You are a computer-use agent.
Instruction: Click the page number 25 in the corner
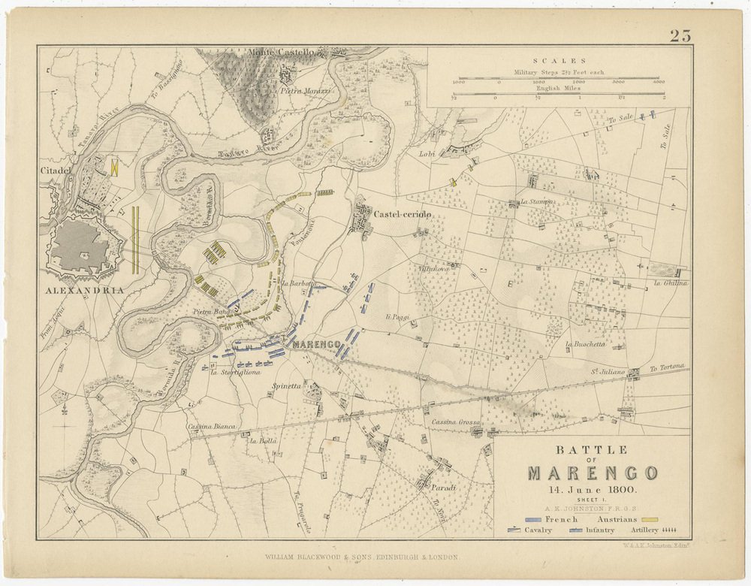click(680, 35)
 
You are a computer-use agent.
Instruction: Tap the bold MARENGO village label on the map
click(318, 345)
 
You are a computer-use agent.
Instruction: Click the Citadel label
click(55, 171)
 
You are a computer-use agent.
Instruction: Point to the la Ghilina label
click(671, 283)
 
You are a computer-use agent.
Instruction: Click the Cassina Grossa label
click(456, 422)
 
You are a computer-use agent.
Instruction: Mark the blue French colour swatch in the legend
click(535, 519)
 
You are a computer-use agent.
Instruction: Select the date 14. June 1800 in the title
click(593, 489)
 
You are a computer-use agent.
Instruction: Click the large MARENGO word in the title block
click(593, 473)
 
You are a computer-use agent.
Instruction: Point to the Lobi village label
click(427, 154)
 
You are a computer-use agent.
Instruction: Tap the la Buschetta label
click(585, 344)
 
